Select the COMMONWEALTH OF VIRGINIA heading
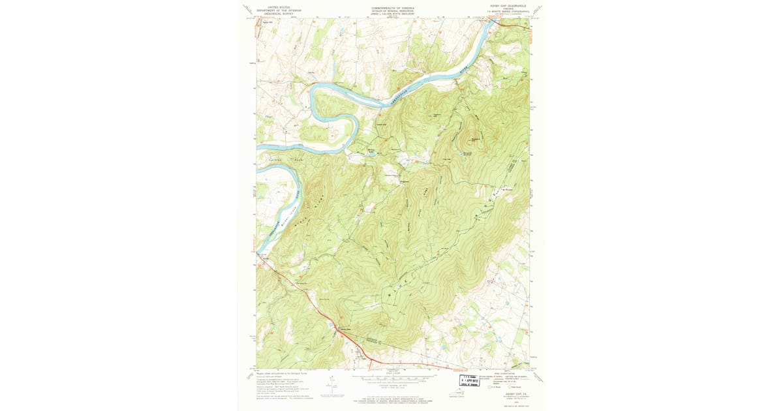click(x=392, y=8)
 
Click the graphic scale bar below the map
click(x=392, y=377)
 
